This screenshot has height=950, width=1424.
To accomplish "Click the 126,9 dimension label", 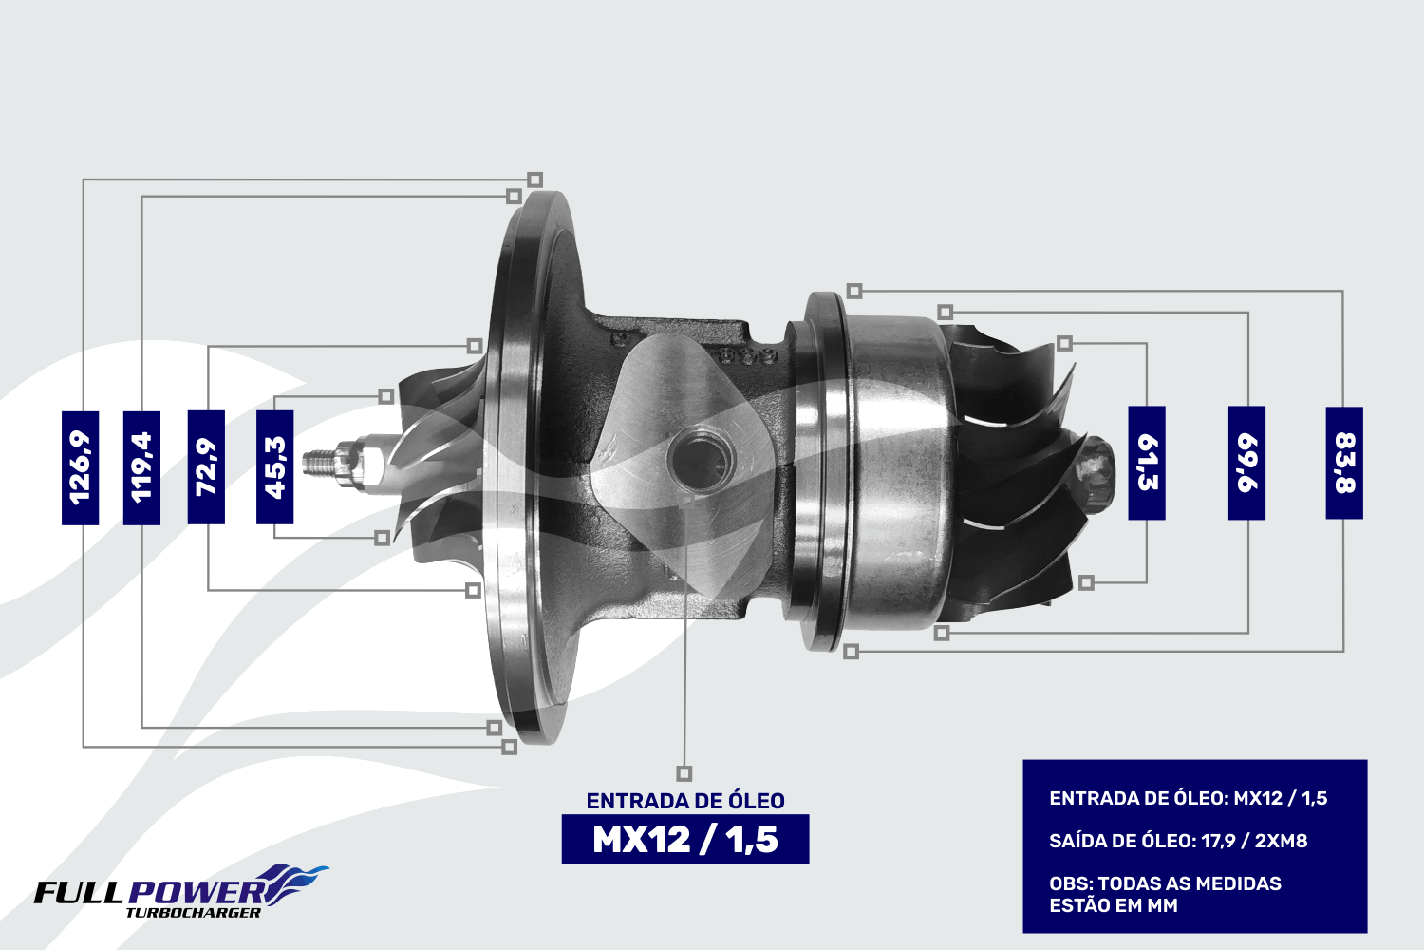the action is tap(80, 467).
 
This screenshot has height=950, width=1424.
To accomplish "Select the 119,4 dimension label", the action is tap(141, 467).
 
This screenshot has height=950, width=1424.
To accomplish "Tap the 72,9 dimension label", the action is tap(206, 467).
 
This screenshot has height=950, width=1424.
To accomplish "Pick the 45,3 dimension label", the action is tap(274, 467).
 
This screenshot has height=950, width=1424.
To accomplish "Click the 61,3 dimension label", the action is tap(1147, 463).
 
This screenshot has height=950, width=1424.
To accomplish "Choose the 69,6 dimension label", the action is tap(1246, 463).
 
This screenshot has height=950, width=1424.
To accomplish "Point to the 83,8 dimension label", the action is tap(1344, 463).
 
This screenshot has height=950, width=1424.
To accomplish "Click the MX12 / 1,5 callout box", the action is tap(685, 839).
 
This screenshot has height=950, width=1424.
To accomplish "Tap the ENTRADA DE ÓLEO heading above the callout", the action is tap(685, 801).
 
